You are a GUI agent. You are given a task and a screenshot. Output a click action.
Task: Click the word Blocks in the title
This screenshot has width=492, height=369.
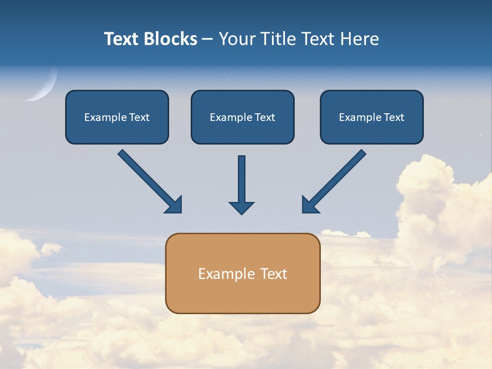point(170,39)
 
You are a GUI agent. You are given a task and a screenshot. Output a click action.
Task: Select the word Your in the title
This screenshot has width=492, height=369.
point(236,39)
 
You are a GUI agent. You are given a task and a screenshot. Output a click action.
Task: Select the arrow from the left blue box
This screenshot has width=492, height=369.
point(149,180)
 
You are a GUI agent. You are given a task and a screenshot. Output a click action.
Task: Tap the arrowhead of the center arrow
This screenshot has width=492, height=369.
point(241,208)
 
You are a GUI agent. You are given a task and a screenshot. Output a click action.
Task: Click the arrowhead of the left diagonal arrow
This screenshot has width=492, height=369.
point(174,205)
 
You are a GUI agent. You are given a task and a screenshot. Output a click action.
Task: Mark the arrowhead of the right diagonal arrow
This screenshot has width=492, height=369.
point(309,204)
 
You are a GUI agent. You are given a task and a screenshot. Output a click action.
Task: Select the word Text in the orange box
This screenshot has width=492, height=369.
point(274,274)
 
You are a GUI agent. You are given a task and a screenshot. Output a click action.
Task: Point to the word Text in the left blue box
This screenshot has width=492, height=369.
point(139,117)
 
